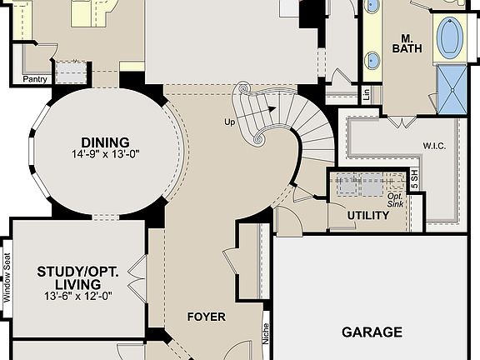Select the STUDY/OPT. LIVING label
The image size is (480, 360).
(78, 277)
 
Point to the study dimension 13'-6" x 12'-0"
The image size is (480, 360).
(78, 296)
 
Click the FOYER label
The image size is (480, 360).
(206, 317)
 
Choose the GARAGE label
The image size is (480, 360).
(372, 332)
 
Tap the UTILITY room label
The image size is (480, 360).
(367, 216)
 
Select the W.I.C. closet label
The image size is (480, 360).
(434, 146)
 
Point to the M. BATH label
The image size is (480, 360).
(407, 43)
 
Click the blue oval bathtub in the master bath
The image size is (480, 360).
(452, 37)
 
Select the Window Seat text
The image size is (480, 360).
(6, 277)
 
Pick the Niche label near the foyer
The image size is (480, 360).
(266, 334)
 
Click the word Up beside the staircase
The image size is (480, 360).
(230, 122)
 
